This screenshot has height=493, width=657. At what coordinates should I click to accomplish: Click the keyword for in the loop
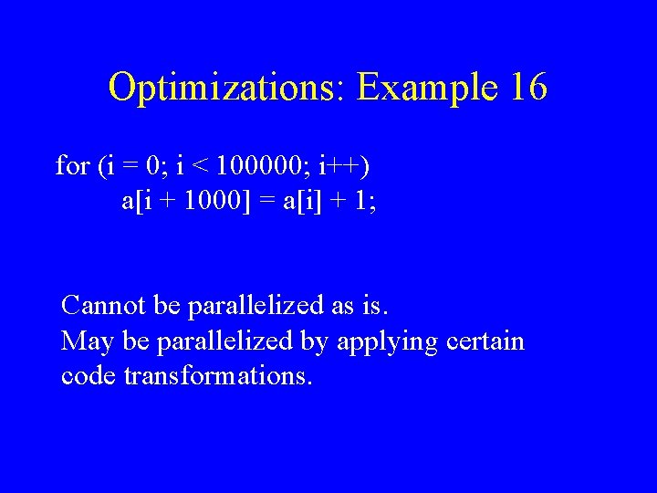click(72, 166)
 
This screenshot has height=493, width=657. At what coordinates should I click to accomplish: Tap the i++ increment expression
click(347, 166)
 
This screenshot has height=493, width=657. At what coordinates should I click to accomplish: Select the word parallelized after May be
click(226, 341)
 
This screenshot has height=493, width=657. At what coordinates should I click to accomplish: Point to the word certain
click(486, 341)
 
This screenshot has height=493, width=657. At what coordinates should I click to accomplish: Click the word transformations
click(218, 376)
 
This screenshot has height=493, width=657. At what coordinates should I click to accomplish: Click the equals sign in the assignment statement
click(264, 202)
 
